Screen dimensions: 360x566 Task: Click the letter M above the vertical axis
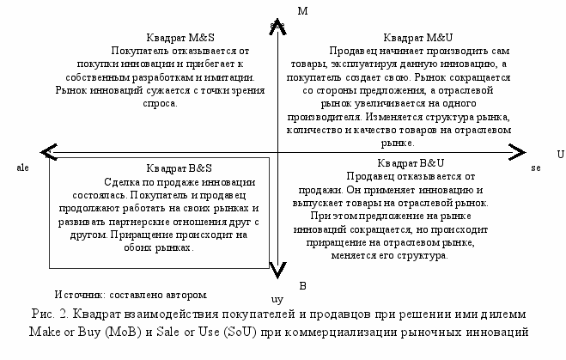point(301,11)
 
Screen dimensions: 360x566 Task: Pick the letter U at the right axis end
point(560,154)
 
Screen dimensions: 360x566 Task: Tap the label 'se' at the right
point(535,168)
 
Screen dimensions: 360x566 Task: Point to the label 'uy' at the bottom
point(277,300)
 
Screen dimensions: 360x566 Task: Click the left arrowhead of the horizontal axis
point(50,152)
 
